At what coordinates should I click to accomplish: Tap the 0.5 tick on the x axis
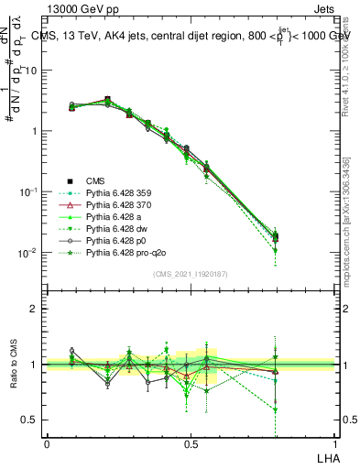[191, 443]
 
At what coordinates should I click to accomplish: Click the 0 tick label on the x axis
[47, 443]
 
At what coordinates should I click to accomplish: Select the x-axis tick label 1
[334, 443]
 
